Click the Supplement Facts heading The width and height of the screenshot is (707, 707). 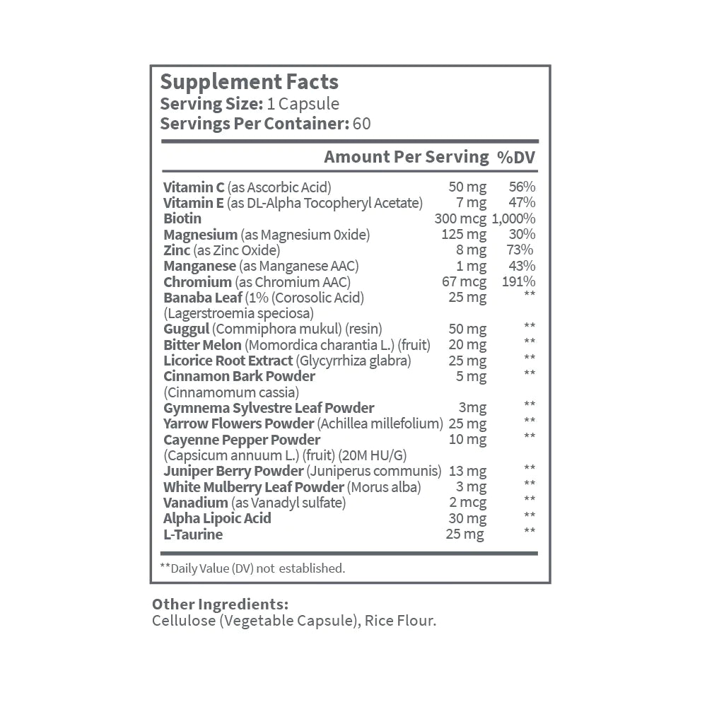[250, 82]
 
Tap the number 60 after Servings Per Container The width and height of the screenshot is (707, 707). [361, 123]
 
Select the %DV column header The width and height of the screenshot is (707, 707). [515, 157]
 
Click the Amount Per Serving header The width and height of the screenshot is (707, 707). [406, 157]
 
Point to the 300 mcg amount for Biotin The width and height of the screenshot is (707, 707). [460, 218]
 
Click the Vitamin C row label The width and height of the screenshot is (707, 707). [194, 187]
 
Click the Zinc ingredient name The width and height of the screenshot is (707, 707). [177, 250]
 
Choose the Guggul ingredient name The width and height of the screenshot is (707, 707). [185, 329]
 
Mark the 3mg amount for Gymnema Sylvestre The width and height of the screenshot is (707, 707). [472, 407]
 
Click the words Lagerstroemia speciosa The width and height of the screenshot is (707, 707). [238, 312]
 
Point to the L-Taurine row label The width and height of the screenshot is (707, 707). [193, 534]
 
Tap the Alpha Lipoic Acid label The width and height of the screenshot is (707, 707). [217, 518]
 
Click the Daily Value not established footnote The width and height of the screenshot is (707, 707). [252, 568]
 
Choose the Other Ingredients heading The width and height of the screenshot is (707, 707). [220, 605]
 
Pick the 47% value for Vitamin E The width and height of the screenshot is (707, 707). [522, 203]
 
